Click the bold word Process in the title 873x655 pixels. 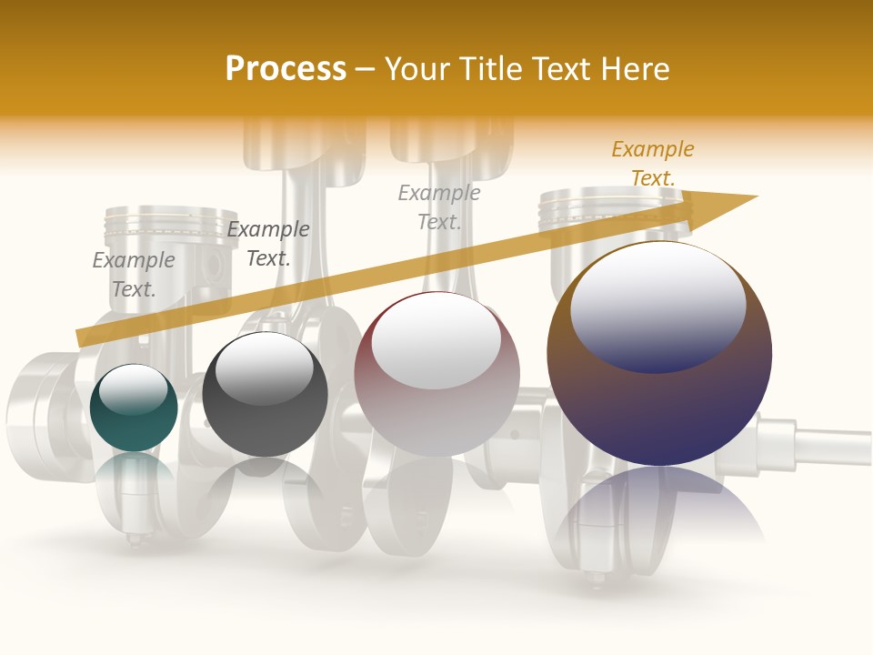coord(286,69)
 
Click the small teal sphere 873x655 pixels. coord(134,408)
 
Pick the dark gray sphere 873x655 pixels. coord(265,394)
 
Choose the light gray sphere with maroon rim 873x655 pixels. coord(436,374)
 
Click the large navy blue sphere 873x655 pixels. coord(659,354)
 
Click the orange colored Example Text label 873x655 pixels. coord(652,164)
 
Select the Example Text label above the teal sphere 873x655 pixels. coord(134,275)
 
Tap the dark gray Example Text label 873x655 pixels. coord(268,244)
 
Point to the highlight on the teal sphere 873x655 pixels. coord(133,388)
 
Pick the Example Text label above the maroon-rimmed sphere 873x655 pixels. coord(439,207)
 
